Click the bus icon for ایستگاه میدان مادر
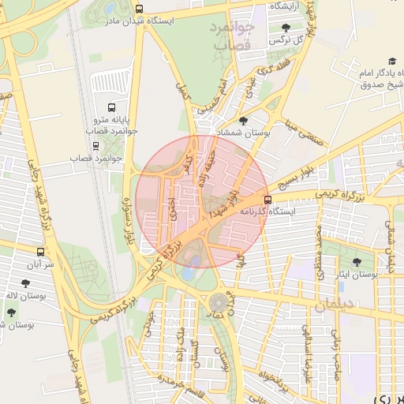(140, 9)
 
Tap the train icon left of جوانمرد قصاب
(96, 146)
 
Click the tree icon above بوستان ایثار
(357, 261)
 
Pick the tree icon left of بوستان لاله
(11, 312)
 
